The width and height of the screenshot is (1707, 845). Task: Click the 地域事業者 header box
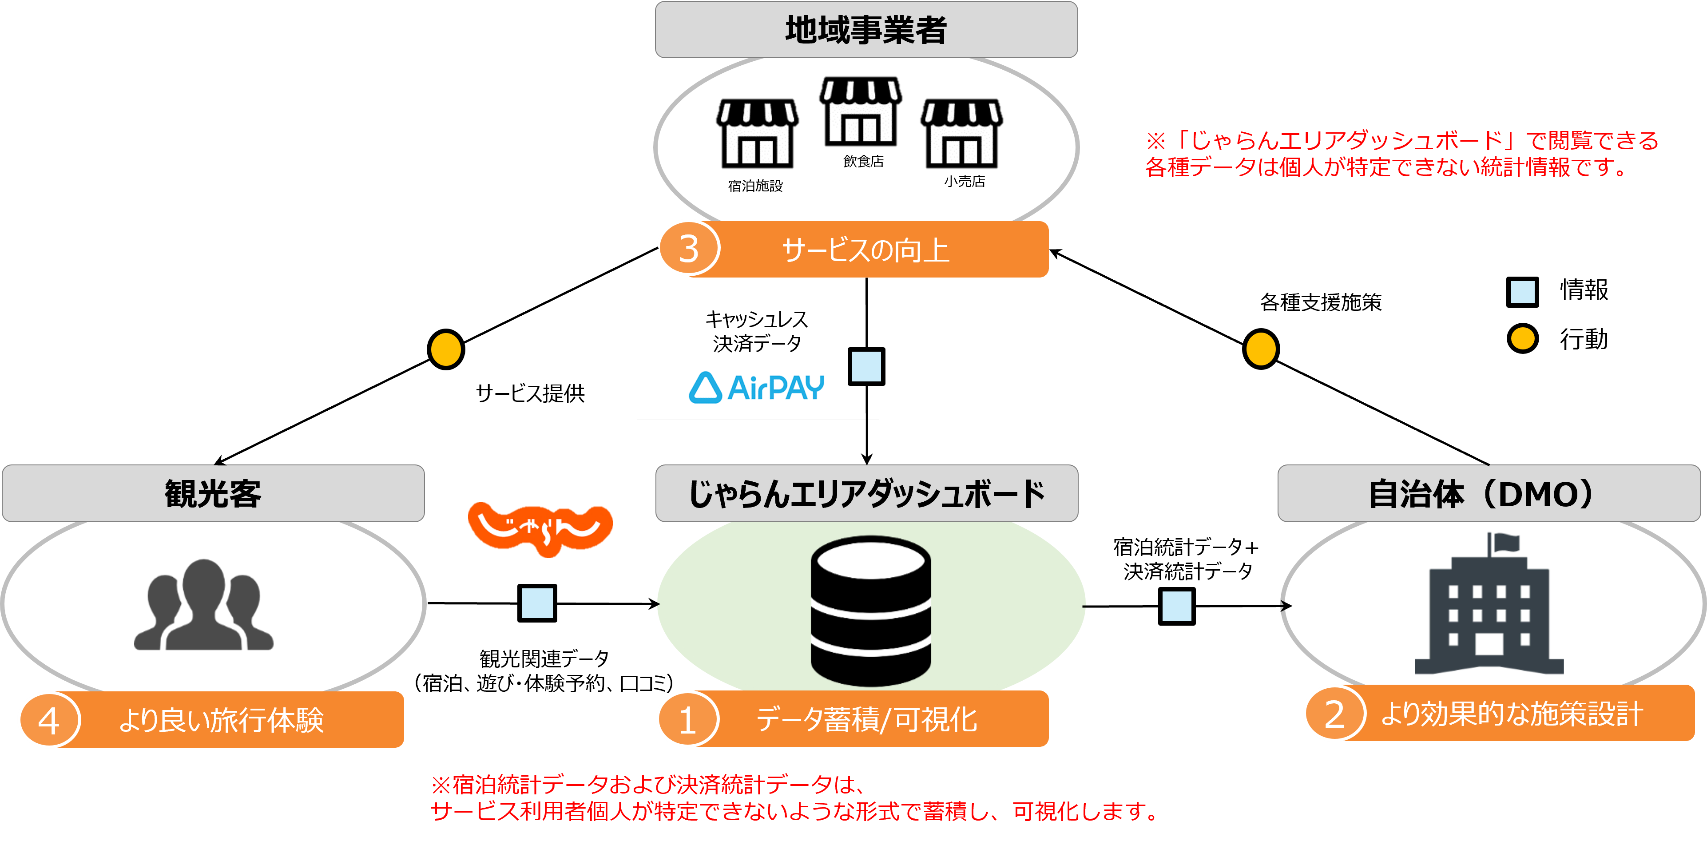point(865,30)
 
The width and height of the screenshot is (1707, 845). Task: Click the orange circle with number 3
point(688,249)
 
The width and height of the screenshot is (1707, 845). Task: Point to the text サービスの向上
point(865,250)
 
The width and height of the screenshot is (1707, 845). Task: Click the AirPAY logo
point(756,388)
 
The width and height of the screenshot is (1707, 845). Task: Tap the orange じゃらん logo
point(540,529)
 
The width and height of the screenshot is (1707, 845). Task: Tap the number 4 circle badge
point(48,720)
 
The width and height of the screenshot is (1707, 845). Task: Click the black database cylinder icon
point(870,611)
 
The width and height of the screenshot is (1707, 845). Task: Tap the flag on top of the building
point(1505,543)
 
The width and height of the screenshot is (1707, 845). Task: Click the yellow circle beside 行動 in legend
point(1522,339)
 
